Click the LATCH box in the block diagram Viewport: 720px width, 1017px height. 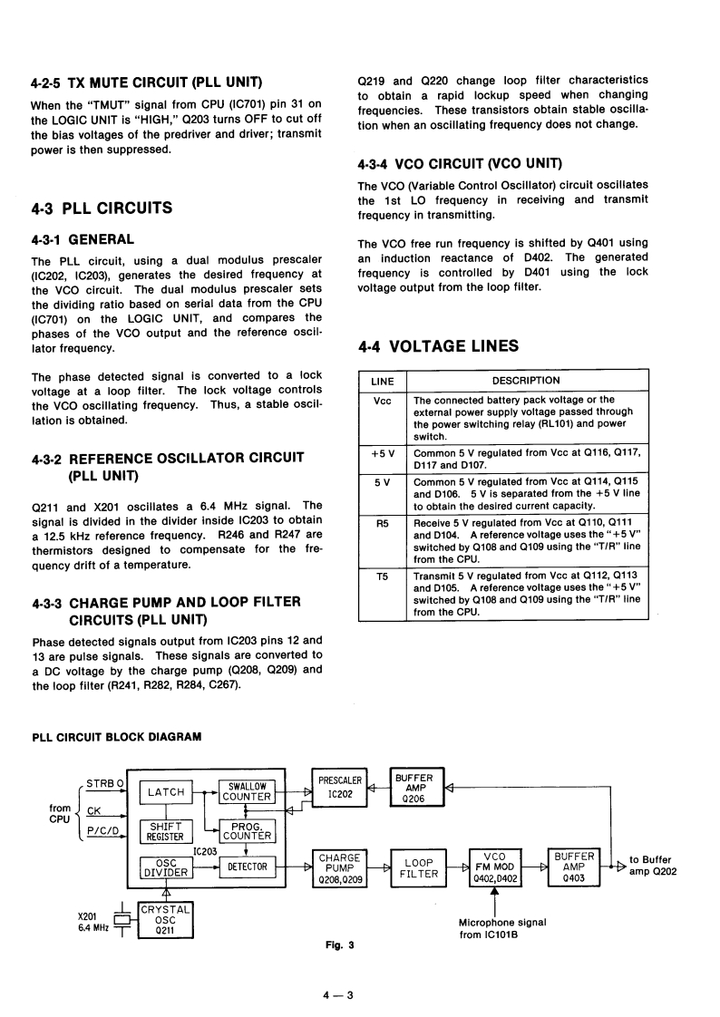(x=167, y=792)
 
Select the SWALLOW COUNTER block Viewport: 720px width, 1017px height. (x=247, y=791)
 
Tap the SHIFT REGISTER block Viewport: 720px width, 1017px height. (x=167, y=831)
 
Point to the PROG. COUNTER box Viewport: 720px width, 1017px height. (x=247, y=831)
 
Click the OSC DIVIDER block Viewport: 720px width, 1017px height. (x=167, y=867)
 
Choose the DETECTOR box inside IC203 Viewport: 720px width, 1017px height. (x=247, y=867)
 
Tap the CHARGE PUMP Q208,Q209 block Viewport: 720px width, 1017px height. (x=339, y=867)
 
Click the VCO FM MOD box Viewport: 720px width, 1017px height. (x=495, y=867)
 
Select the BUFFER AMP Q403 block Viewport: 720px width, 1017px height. (x=575, y=867)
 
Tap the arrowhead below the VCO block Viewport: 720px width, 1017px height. (x=494, y=894)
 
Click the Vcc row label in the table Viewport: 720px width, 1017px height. (x=382, y=400)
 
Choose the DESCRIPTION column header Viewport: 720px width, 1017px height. (x=526, y=380)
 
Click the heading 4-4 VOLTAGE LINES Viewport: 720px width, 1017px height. (x=438, y=345)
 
